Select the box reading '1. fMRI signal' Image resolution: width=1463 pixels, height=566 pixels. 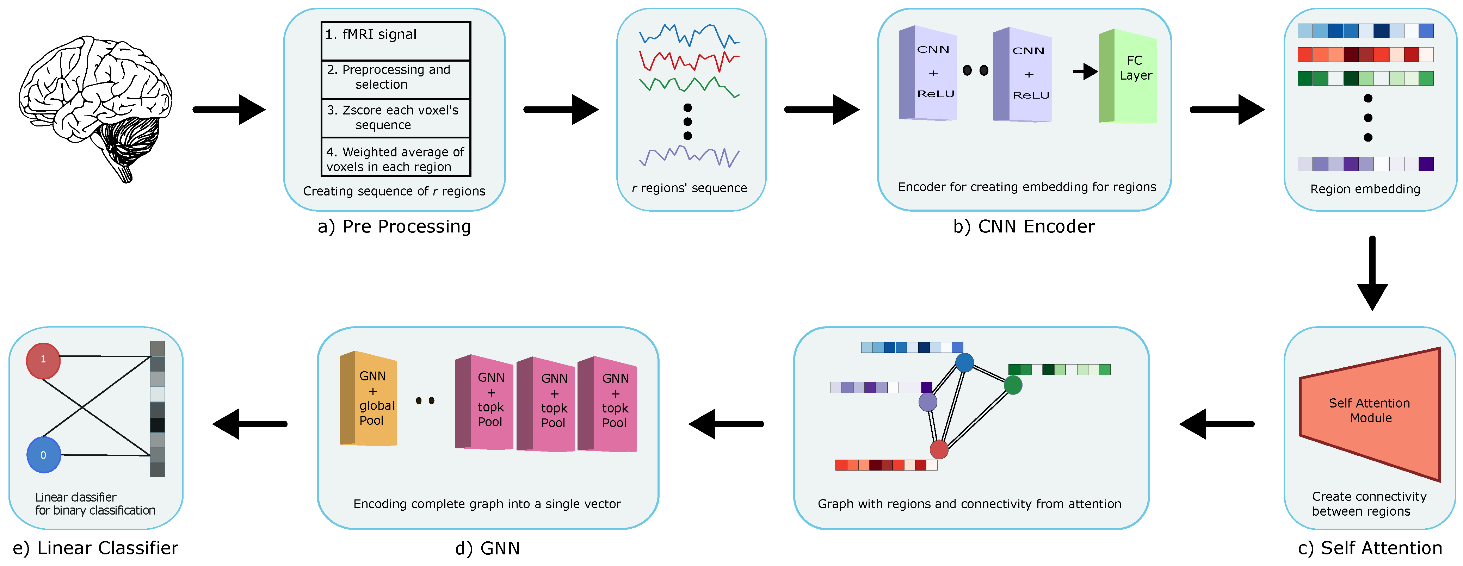[x=395, y=41]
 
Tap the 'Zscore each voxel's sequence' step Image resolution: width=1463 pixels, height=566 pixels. [x=395, y=118]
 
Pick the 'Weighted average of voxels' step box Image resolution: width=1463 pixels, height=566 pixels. [x=395, y=158]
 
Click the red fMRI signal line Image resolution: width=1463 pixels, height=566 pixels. [x=689, y=60]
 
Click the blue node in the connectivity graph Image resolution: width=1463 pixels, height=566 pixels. [x=964, y=362]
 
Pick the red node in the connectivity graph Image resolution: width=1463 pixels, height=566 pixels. [x=939, y=450]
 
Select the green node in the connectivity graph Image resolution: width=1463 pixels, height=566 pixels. [x=1013, y=385]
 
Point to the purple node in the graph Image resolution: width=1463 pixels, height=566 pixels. [x=927, y=402]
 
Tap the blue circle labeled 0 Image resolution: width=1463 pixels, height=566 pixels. [x=44, y=455]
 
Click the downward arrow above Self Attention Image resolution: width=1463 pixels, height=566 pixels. [x=1372, y=273]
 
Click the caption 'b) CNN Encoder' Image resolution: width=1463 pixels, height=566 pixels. [x=1023, y=226]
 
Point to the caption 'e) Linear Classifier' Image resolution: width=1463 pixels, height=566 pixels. [x=95, y=548]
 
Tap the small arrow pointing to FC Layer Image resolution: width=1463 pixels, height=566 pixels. [x=1085, y=71]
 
